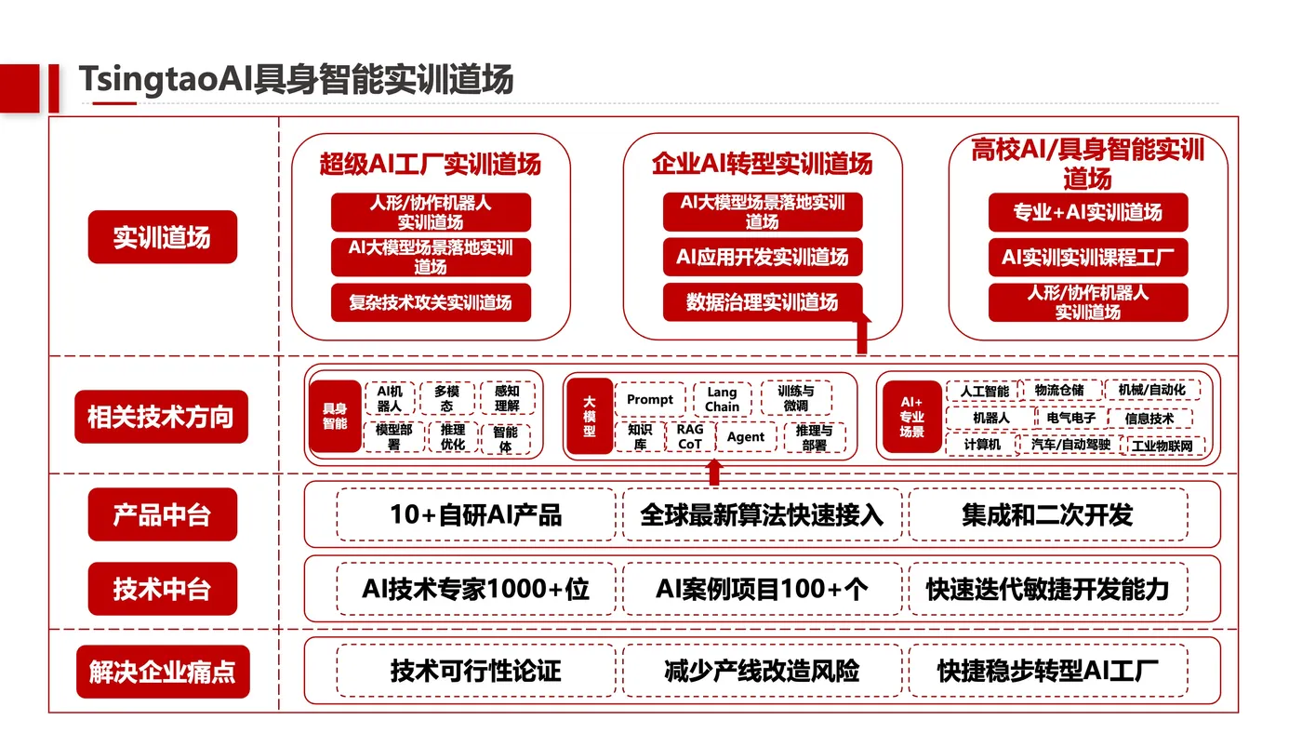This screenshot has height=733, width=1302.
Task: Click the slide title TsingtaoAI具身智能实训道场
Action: point(296,79)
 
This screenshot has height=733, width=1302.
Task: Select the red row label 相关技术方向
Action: point(161,417)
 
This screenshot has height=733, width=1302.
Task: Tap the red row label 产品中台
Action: point(163,514)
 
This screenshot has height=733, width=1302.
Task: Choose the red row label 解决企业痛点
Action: point(163,672)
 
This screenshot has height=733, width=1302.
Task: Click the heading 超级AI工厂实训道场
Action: point(430,164)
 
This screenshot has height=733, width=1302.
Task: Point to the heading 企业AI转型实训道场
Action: point(762,164)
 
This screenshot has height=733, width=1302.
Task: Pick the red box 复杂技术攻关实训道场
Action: point(431,302)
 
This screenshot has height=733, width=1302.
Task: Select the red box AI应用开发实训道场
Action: point(763,257)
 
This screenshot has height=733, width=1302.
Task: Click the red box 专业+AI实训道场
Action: point(1088,212)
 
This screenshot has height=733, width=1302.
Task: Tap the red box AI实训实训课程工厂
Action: point(1088,257)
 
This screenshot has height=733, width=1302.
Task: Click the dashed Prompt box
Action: point(650,399)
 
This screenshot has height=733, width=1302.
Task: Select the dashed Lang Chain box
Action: point(722,399)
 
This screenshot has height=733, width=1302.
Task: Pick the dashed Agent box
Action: point(746,436)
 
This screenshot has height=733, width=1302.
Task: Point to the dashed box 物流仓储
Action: point(1059,390)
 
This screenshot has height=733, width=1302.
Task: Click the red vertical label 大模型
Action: point(590,416)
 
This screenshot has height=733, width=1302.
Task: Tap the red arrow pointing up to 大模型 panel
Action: point(714,472)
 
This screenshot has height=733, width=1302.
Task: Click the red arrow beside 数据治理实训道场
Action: point(861,333)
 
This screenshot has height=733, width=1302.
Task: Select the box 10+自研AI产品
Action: point(476,515)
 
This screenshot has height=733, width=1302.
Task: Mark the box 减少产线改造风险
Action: point(762,671)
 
